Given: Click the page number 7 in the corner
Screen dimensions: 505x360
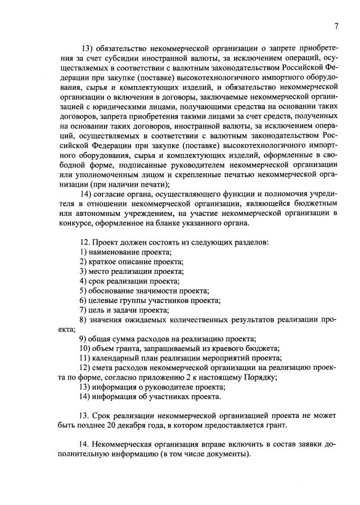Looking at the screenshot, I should (x=336, y=25).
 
